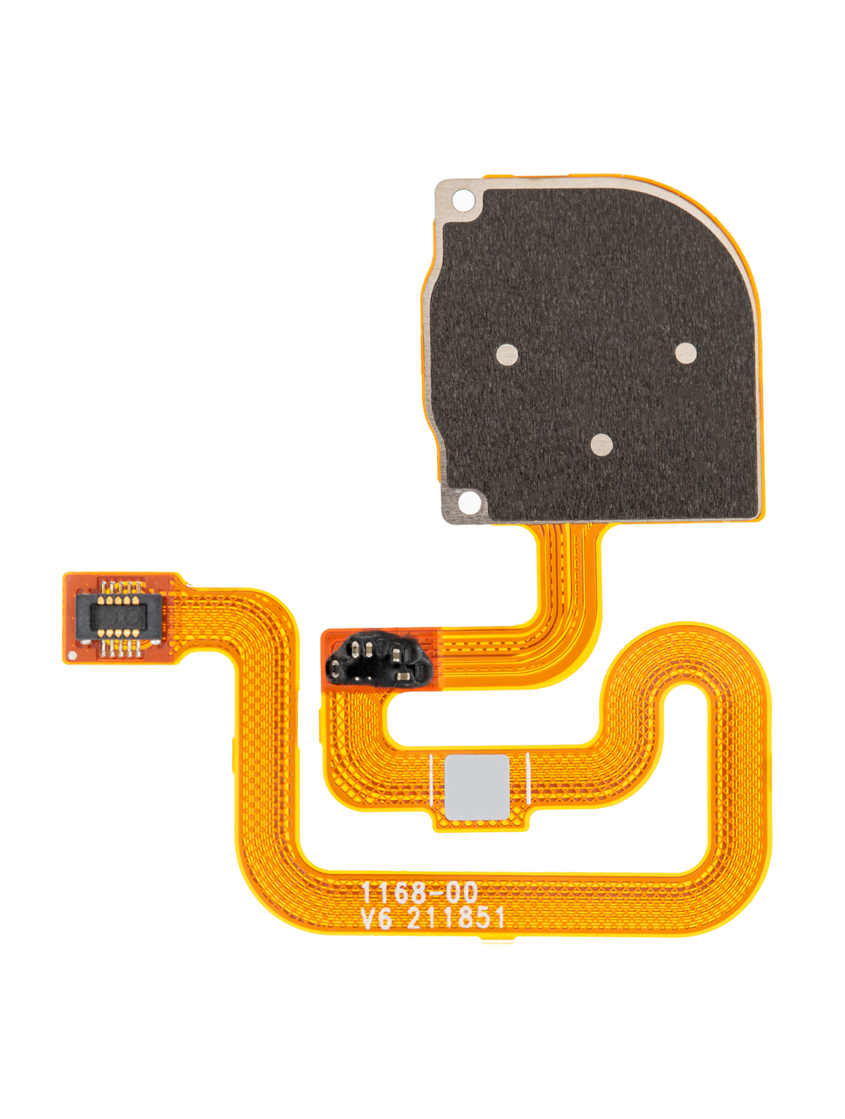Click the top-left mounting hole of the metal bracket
click(x=462, y=200)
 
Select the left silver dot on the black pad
click(x=507, y=354)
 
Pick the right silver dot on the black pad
click(x=685, y=353)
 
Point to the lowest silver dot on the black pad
click(x=601, y=444)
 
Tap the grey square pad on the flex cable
click(x=477, y=786)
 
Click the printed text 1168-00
click(x=419, y=893)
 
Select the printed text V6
click(x=377, y=918)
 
